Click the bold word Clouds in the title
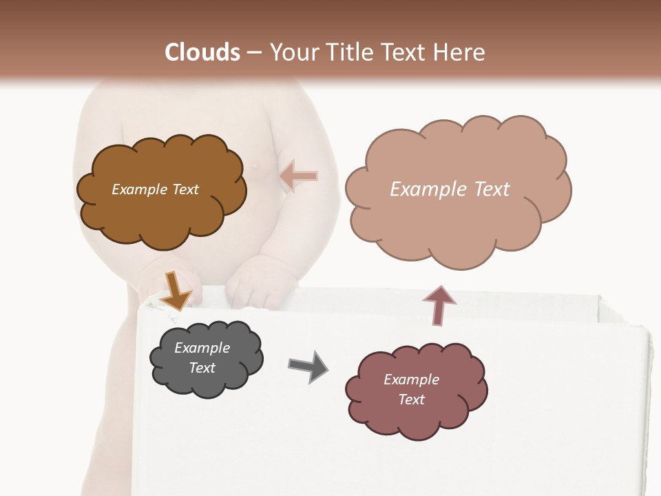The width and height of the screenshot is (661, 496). pyautogui.click(x=203, y=52)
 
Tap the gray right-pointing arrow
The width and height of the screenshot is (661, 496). pyautogui.click(x=308, y=366)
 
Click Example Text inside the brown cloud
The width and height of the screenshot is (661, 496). pyautogui.click(x=155, y=189)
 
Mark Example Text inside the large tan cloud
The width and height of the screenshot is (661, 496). pyautogui.click(x=450, y=189)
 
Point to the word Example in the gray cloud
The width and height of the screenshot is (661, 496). pyautogui.click(x=202, y=348)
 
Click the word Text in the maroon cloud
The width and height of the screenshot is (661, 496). pyautogui.click(x=411, y=400)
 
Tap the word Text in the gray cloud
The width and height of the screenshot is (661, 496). pyautogui.click(x=202, y=368)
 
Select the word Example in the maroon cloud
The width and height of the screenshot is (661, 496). pyautogui.click(x=411, y=380)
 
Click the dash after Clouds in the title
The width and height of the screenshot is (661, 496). pyautogui.click(x=254, y=53)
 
